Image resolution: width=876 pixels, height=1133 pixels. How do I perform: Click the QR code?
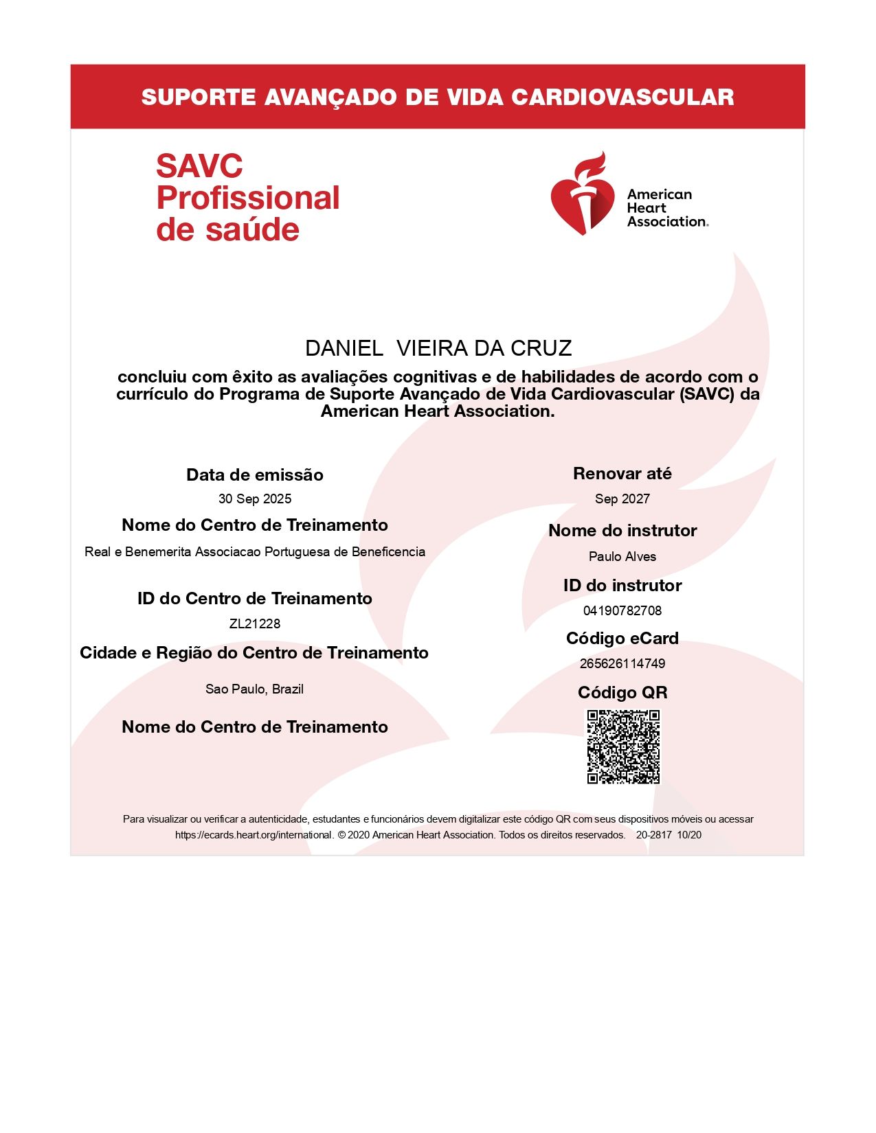(x=623, y=746)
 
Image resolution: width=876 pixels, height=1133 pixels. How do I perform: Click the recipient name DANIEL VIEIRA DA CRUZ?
(x=438, y=349)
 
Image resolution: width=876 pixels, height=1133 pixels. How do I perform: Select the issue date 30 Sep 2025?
(x=255, y=499)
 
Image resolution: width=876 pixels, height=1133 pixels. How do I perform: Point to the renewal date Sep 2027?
(x=622, y=499)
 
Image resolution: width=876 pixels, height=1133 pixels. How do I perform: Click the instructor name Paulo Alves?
(x=622, y=557)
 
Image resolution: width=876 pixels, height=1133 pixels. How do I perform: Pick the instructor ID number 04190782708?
(x=622, y=610)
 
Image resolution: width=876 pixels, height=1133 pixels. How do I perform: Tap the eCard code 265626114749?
(x=622, y=663)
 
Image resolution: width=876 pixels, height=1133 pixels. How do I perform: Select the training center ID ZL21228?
(x=255, y=623)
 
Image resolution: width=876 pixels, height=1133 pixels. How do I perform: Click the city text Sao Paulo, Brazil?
(x=254, y=689)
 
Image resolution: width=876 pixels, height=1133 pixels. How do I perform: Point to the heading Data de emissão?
(x=255, y=475)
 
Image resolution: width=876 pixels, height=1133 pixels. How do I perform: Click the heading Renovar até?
(x=622, y=474)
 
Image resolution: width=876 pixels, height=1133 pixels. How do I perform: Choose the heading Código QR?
(x=622, y=693)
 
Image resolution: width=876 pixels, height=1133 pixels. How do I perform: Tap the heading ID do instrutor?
(x=622, y=586)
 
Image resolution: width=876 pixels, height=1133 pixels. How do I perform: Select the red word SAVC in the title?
(x=199, y=167)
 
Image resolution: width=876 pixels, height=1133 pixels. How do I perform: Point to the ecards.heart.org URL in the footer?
(x=254, y=836)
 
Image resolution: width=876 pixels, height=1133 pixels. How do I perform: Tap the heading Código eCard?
(x=622, y=639)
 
